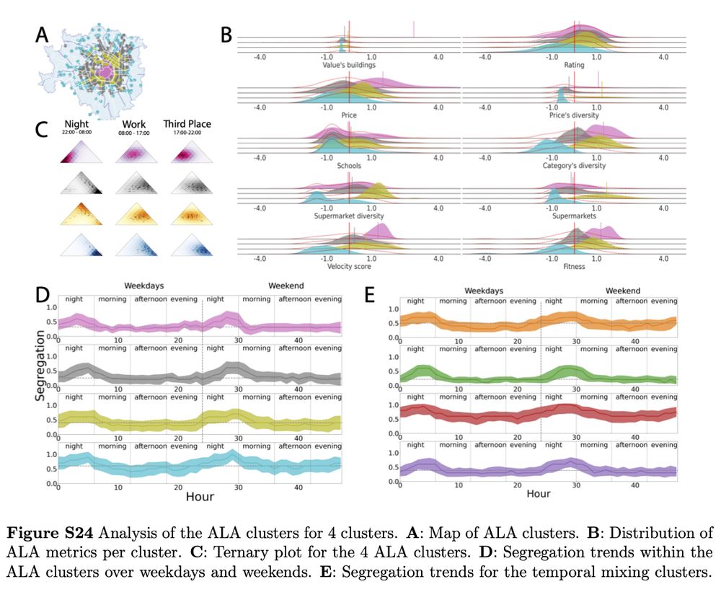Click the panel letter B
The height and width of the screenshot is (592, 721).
click(x=226, y=34)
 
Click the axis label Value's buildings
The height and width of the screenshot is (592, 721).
click(x=349, y=65)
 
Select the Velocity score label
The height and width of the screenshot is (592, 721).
click(x=349, y=266)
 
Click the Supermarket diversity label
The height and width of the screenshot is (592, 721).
click(x=349, y=216)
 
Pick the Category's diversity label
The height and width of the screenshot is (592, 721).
click(x=574, y=165)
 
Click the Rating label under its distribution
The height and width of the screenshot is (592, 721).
click(x=574, y=65)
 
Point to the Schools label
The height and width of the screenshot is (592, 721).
click(x=349, y=165)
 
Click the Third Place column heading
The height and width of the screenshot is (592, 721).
click(x=187, y=124)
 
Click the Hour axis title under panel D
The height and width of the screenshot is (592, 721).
click(x=200, y=497)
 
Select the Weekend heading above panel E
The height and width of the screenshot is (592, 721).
click(x=622, y=290)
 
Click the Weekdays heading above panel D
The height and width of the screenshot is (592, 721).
click(x=146, y=286)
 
